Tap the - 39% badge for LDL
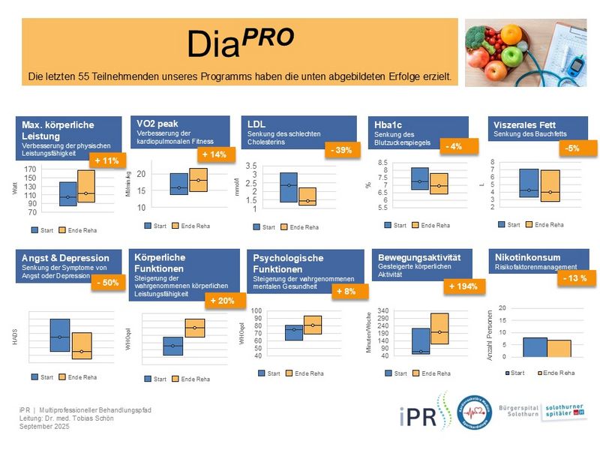pos(341,151)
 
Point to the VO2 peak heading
pos(158,124)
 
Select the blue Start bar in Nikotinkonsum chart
pos(535,347)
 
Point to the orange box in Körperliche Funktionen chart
pos(194,328)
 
